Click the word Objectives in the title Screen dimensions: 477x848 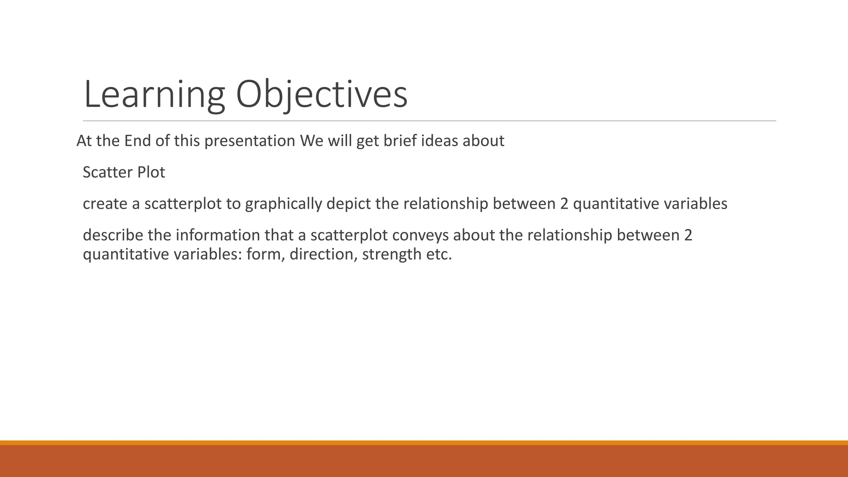[321, 95]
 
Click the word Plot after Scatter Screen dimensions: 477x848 [151, 172]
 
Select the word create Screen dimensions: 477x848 [105, 204]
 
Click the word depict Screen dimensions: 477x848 [348, 204]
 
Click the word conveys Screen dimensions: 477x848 [420, 235]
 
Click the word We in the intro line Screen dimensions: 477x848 [311, 141]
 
